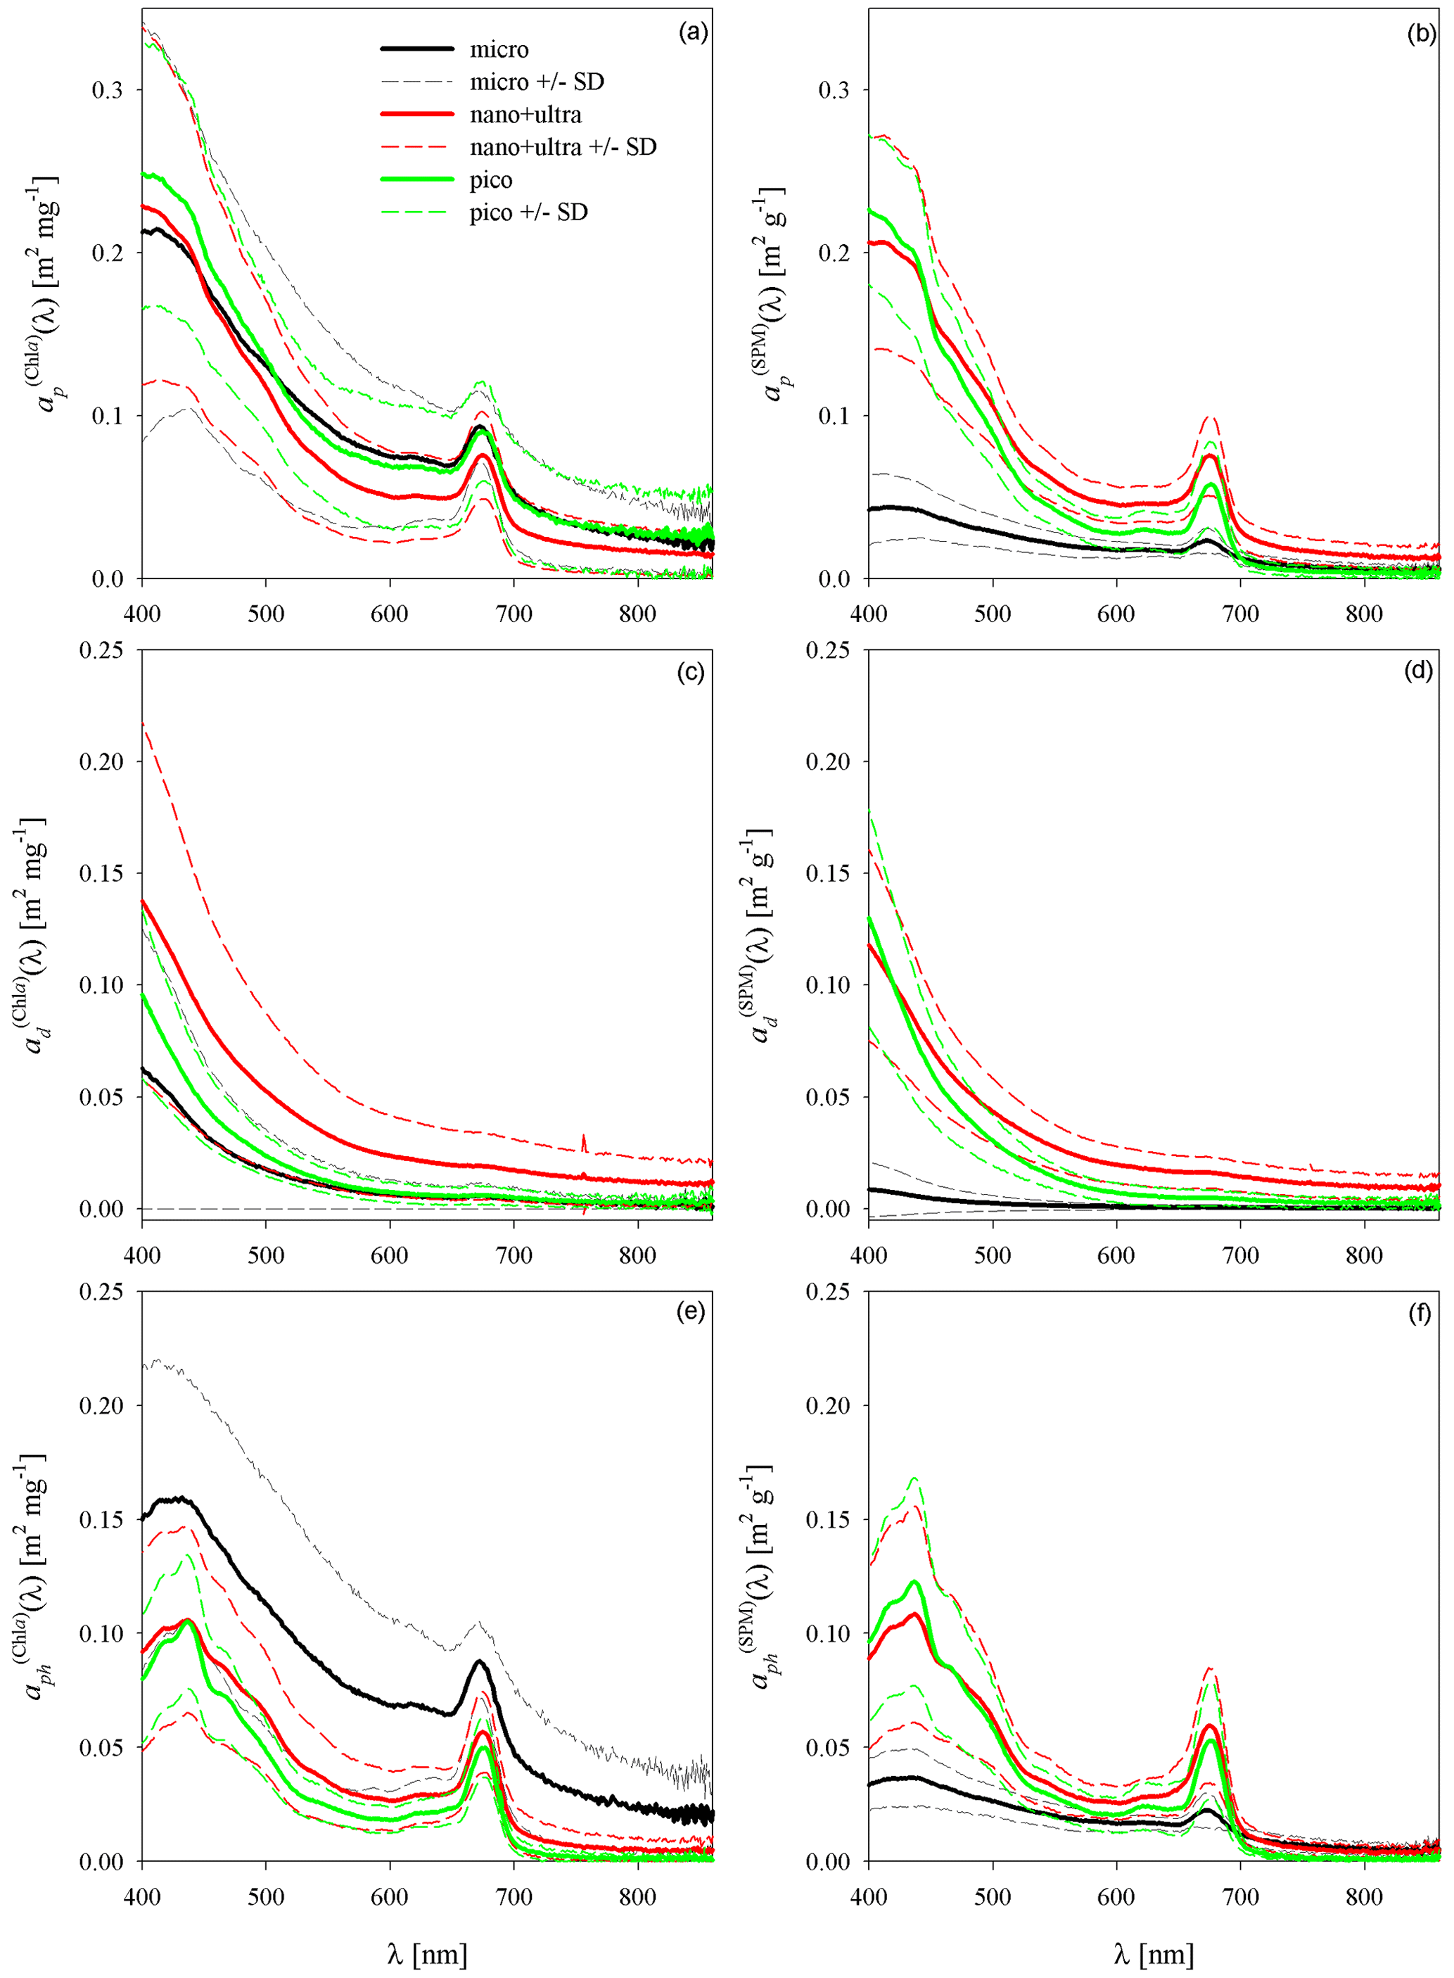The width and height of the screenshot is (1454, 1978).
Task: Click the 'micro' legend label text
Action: click(498, 49)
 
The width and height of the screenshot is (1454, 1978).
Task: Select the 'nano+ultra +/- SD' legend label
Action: click(563, 147)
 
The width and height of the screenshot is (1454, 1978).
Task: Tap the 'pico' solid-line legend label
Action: click(490, 179)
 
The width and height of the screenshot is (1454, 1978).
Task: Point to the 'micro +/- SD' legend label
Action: click(536, 82)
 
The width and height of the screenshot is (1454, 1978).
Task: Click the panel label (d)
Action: click(1419, 671)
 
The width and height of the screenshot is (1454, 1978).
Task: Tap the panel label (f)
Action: click(1420, 1312)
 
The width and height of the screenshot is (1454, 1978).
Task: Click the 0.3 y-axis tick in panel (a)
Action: click(108, 90)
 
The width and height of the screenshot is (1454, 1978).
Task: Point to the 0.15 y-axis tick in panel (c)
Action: click(101, 873)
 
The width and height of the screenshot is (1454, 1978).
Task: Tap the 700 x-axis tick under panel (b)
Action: click(1240, 614)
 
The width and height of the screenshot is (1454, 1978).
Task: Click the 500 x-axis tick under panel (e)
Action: click(266, 1896)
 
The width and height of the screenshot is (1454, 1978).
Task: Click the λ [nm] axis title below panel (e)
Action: click(427, 1954)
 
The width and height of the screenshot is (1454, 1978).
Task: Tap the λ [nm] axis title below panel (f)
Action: click(1153, 1954)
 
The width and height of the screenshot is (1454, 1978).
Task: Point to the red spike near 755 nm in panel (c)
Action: click(584, 1142)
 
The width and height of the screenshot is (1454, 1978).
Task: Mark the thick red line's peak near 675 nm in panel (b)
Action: click(1210, 455)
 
